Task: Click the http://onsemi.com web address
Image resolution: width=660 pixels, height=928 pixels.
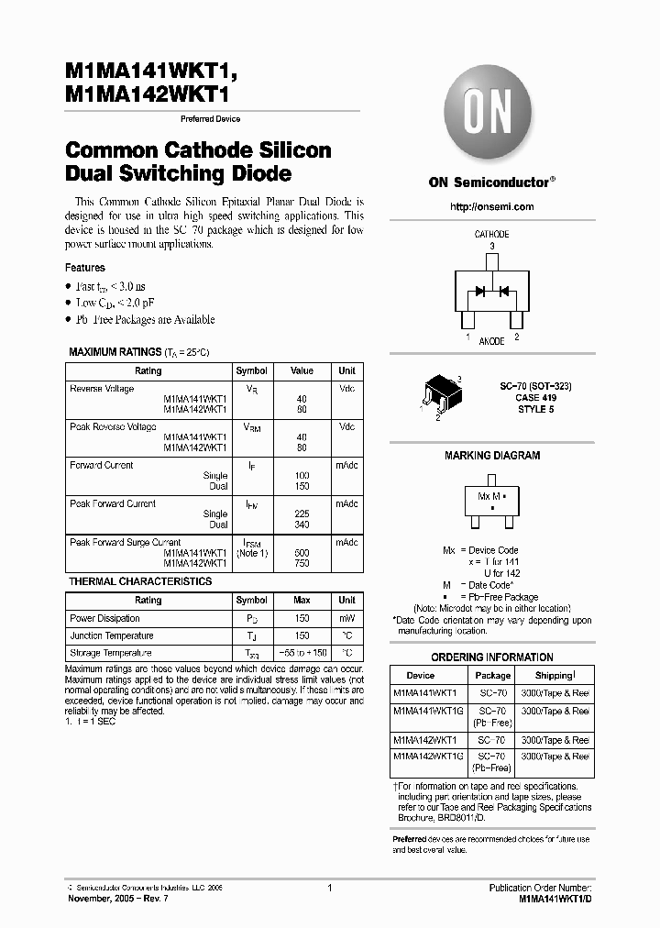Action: pyautogui.click(x=492, y=206)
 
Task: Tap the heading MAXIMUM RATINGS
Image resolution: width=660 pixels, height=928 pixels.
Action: pyautogui.click(x=114, y=352)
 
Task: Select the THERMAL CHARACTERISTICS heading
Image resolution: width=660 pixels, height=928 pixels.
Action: pyautogui.click(x=140, y=581)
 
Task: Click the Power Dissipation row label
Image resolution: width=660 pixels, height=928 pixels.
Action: pyautogui.click(x=105, y=618)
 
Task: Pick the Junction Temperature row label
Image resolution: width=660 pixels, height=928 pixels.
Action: pyautogui.click(x=112, y=635)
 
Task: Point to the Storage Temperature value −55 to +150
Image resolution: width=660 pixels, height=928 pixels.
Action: pyautogui.click(x=302, y=653)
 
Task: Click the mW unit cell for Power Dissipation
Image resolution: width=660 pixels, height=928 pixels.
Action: pyautogui.click(x=346, y=618)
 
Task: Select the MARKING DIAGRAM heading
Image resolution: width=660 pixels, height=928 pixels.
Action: pyautogui.click(x=492, y=456)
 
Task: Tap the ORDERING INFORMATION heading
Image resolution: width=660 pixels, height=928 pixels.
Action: pyautogui.click(x=492, y=657)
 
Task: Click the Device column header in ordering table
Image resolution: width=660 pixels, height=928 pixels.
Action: pyautogui.click(x=421, y=675)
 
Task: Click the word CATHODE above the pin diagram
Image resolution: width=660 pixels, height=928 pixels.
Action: pyautogui.click(x=492, y=235)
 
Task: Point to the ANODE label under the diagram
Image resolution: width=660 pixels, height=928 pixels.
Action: pyautogui.click(x=492, y=341)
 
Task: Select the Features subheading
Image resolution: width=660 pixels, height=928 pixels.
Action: pyautogui.click(x=85, y=268)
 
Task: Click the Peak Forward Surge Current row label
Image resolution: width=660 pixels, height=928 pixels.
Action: pyautogui.click(x=126, y=542)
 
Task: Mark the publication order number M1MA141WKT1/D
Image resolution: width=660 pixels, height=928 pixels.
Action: pyautogui.click(x=555, y=900)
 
